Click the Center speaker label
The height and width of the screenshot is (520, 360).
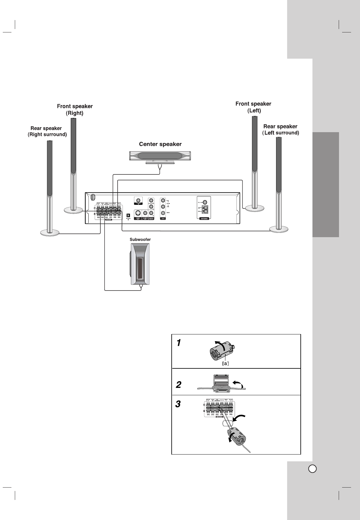(x=160, y=144)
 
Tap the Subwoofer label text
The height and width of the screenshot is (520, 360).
(x=140, y=239)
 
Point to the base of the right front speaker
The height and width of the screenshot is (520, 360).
(x=73, y=210)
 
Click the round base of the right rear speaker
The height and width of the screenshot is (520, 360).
(x=50, y=232)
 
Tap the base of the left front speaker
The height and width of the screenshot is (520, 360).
(x=255, y=208)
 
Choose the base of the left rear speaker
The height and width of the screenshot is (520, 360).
(x=279, y=229)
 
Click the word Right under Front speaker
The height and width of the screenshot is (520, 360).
(x=75, y=113)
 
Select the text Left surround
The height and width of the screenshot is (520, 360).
(x=281, y=133)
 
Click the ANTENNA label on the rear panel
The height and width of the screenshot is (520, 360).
(x=204, y=218)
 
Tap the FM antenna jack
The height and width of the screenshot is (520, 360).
(x=205, y=202)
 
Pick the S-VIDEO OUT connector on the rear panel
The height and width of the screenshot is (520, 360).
(x=138, y=213)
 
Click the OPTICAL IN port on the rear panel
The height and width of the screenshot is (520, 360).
(x=128, y=215)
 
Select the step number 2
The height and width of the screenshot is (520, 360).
(x=179, y=385)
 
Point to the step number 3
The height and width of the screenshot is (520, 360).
(x=178, y=404)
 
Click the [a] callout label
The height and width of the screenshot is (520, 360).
(x=226, y=363)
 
